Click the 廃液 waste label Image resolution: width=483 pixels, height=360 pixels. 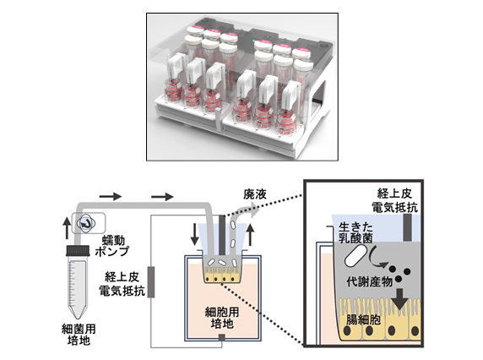[x=255, y=194]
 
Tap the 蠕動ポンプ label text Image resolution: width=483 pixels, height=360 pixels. [x=111, y=246]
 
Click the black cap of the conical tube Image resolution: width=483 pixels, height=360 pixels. [x=78, y=250]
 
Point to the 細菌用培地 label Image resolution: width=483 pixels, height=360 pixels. [x=79, y=335]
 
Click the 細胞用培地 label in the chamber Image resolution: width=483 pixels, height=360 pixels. [x=222, y=318]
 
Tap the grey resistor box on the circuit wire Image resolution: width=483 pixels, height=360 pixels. [x=151, y=282]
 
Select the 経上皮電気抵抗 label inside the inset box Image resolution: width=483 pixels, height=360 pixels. [x=394, y=200]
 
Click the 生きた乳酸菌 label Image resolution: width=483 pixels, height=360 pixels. [x=355, y=232]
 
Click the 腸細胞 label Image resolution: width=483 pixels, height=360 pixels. [x=363, y=319]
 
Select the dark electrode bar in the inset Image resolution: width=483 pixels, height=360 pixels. [x=407, y=226]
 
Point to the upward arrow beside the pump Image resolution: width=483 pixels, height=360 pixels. [x=67, y=228]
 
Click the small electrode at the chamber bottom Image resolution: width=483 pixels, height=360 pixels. [x=222, y=338]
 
